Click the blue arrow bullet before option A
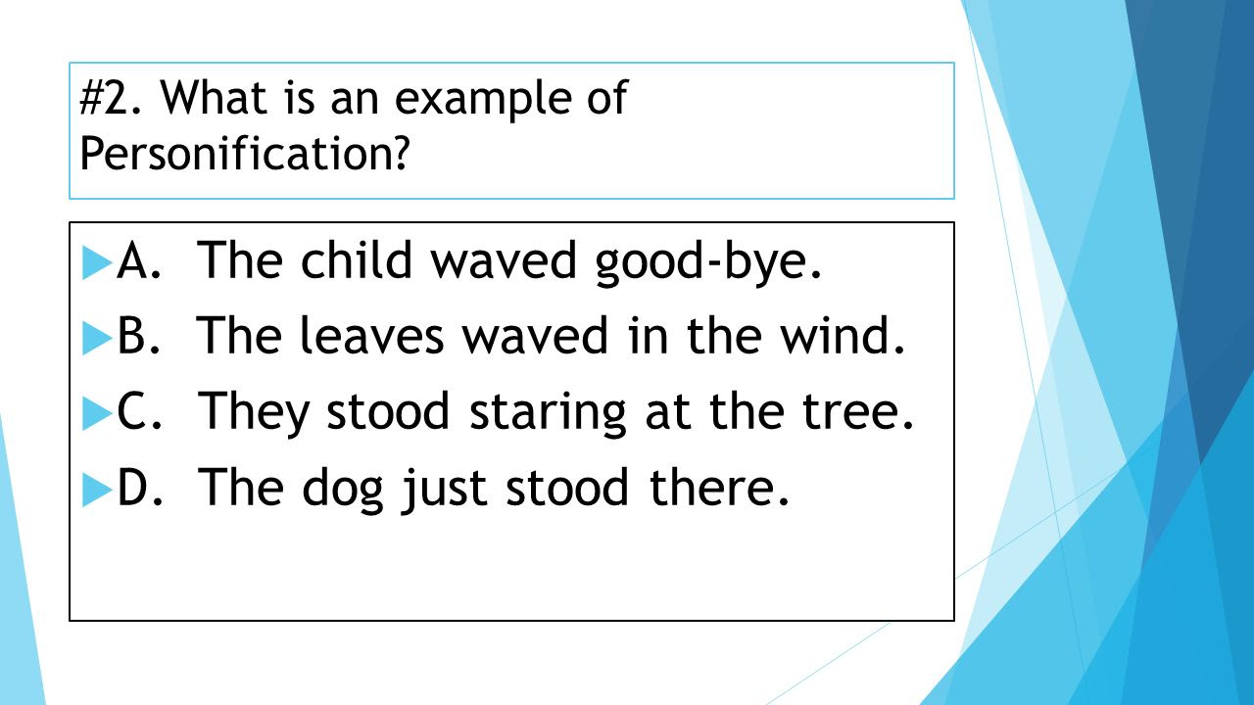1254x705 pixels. click(97, 262)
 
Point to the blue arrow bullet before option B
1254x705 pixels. click(97, 338)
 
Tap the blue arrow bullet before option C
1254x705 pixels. click(97, 413)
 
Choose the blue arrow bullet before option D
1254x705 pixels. click(97, 490)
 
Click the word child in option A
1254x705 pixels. click(356, 259)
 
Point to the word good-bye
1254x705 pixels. click(707, 263)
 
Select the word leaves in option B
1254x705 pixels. click(372, 335)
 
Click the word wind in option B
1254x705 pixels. click(844, 335)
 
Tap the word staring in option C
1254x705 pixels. click(548, 414)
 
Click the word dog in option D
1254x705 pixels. click(343, 490)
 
